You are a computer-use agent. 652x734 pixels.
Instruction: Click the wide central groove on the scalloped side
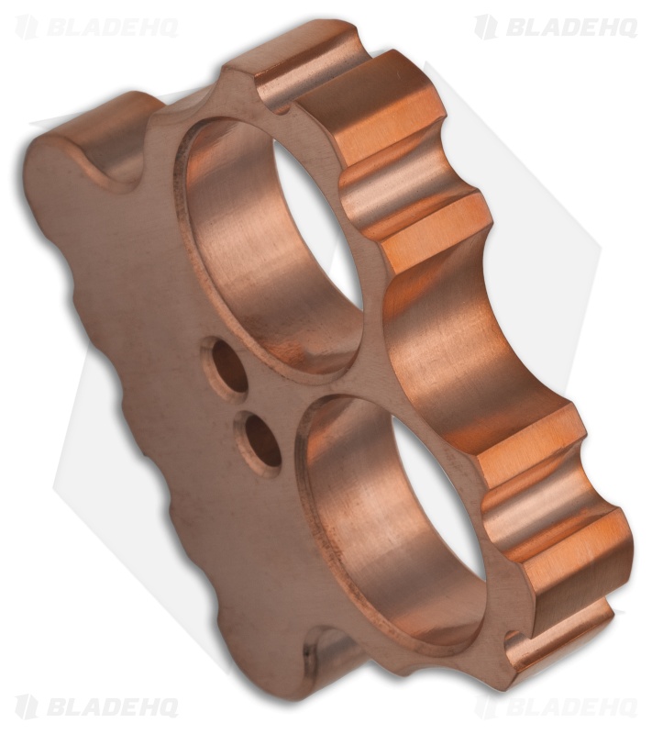click(459, 349)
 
